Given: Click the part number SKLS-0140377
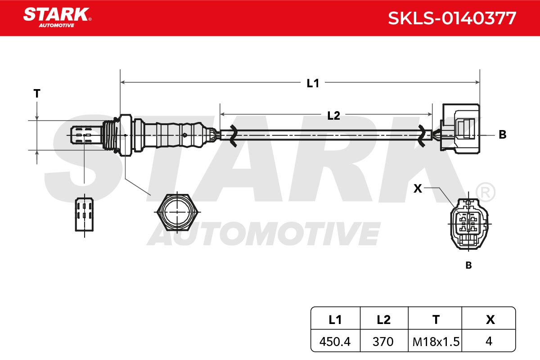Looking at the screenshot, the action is [x=452, y=18].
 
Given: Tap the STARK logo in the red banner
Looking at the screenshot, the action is [x=57, y=18].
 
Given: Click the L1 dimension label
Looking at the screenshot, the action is [x=313, y=83].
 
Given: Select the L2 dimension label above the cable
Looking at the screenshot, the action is [x=333, y=116].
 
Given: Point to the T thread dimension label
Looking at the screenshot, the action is [x=37, y=94].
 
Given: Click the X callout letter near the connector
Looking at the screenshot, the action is [x=418, y=189].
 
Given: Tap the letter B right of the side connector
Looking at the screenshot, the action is [x=502, y=135].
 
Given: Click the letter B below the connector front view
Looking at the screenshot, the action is [x=468, y=265].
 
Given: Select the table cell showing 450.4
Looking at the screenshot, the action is [x=335, y=342].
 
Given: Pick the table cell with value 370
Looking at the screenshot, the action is [x=384, y=342].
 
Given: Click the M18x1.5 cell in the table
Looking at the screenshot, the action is [x=435, y=342].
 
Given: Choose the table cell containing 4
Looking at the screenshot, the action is [x=489, y=342].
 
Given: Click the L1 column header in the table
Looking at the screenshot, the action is [x=335, y=320].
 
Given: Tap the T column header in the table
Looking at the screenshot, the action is [x=435, y=320].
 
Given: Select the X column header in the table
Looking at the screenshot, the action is [x=489, y=320].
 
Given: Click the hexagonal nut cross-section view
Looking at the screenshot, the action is [x=177, y=212].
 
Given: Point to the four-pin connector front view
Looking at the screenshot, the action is [x=469, y=224].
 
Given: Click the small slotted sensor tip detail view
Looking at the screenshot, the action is [x=85, y=215].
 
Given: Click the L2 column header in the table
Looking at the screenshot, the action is [x=384, y=320].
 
